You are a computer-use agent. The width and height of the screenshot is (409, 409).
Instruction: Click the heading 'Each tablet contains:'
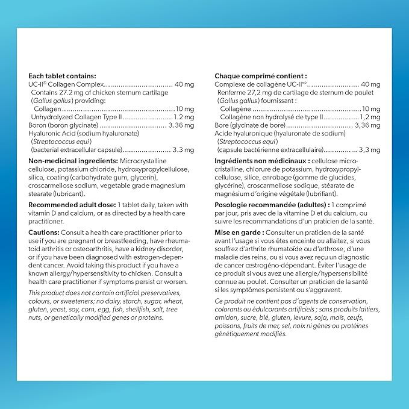point(63,76)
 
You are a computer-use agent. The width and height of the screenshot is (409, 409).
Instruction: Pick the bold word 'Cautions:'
point(44,232)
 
